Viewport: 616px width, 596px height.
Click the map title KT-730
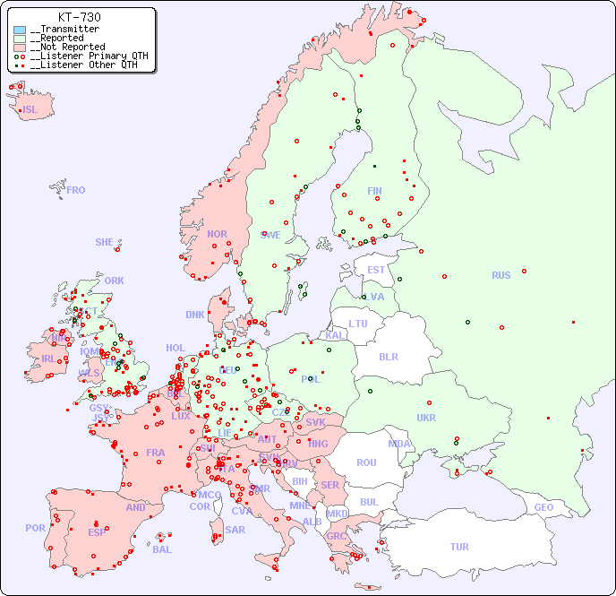click(x=79, y=17)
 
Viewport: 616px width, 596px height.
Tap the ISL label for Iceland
click(x=30, y=110)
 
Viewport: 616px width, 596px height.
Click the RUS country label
click(x=500, y=275)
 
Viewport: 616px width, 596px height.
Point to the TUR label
click(x=459, y=547)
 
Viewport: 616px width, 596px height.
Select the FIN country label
click(x=374, y=191)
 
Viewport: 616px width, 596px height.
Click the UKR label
click(x=426, y=418)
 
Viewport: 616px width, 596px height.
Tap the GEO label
click(x=543, y=507)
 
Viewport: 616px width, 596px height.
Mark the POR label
click(x=35, y=528)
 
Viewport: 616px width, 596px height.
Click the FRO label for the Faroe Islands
click(x=76, y=190)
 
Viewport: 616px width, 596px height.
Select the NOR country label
click(x=217, y=234)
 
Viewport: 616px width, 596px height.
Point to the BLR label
click(x=389, y=356)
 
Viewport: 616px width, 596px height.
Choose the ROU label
click(x=366, y=462)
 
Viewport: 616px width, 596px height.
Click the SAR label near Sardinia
click(x=235, y=530)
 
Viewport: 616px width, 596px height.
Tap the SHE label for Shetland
click(x=105, y=242)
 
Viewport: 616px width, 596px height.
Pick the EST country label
click(x=376, y=270)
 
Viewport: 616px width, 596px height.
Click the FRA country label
click(x=156, y=453)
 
